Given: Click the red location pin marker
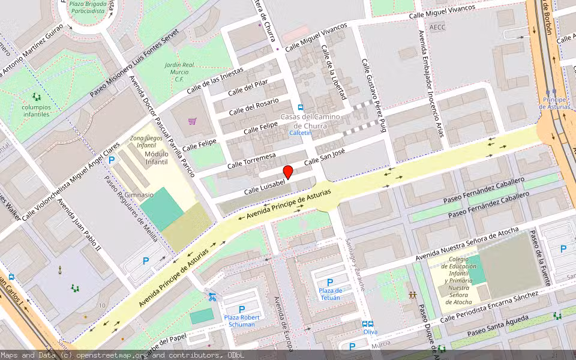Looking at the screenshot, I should (288, 172).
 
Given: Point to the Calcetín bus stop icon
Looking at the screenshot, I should (301, 107).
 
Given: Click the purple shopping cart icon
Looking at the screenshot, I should (192, 121).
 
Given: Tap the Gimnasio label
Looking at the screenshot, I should (152, 194).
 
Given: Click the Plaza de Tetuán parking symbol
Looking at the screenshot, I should (329, 282).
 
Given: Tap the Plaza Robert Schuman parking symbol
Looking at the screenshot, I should (241, 310).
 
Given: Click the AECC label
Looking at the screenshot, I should (437, 27).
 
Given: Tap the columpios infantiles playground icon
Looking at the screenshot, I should (37, 97).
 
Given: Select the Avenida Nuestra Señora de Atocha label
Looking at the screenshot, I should (467, 246).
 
